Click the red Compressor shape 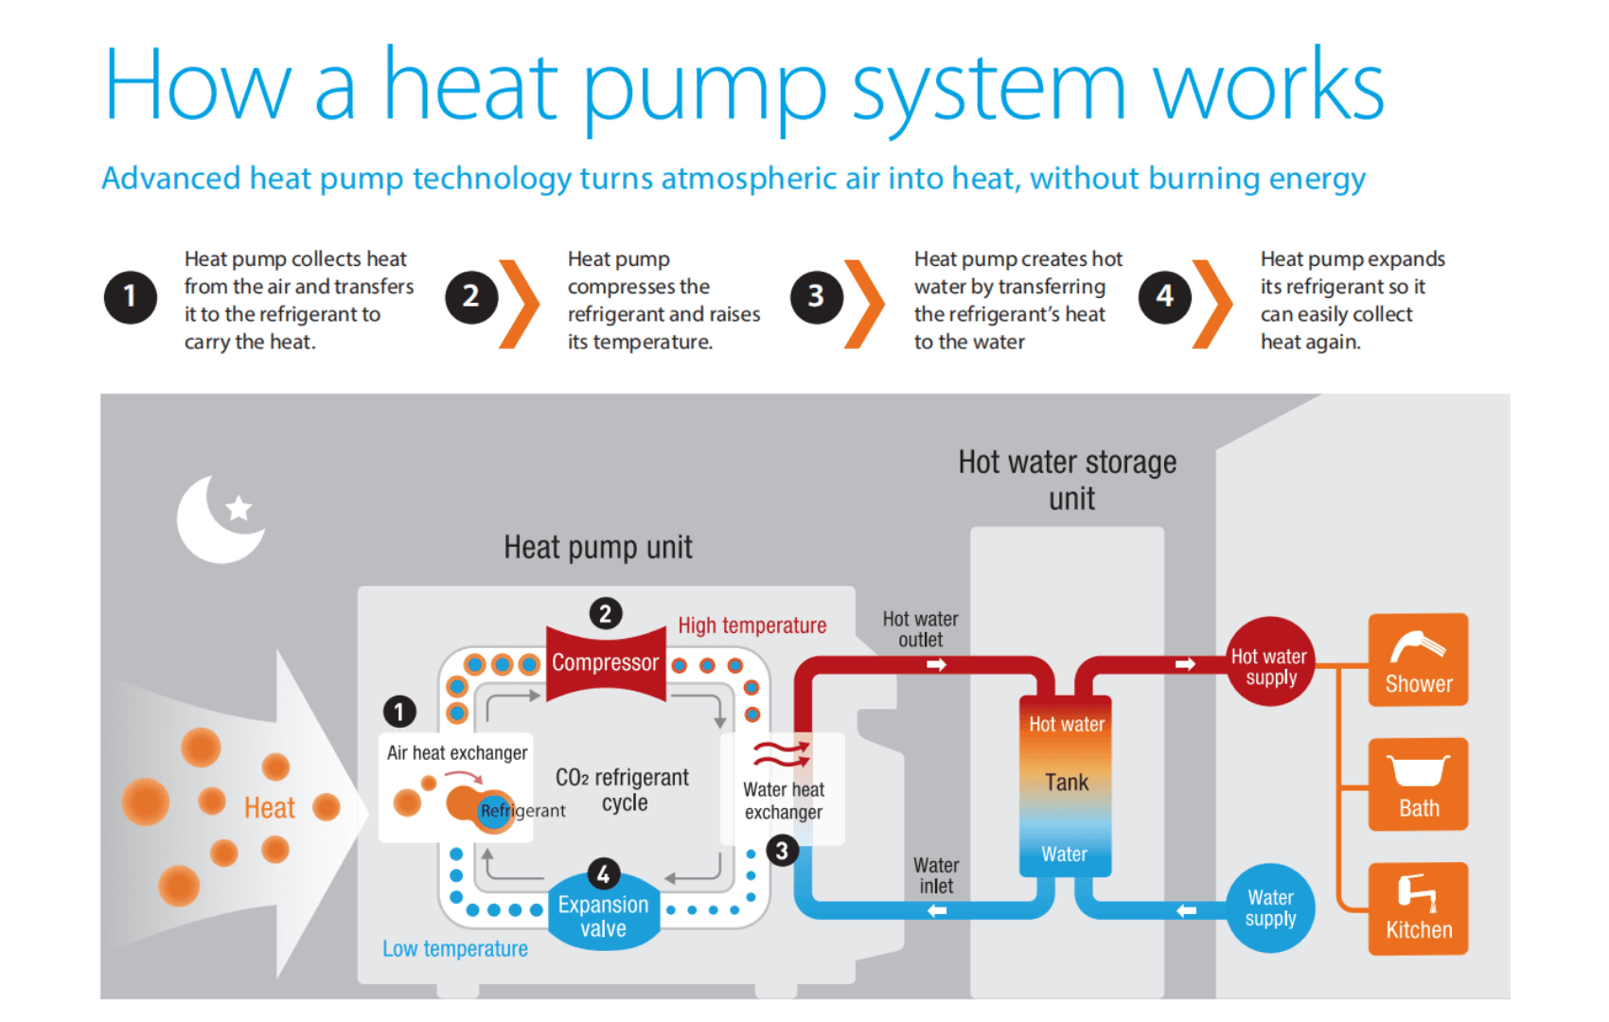click(x=606, y=663)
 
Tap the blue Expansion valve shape click(x=604, y=913)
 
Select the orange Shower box click(x=1418, y=660)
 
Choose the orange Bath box click(x=1418, y=784)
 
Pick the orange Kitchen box click(x=1418, y=908)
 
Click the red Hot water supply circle click(x=1270, y=661)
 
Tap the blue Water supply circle click(x=1270, y=907)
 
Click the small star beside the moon click(x=239, y=508)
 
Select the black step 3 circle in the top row click(x=817, y=296)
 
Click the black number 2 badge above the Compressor click(x=606, y=614)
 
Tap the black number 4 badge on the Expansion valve click(x=604, y=874)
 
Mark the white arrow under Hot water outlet click(x=936, y=664)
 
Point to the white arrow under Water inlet click(x=937, y=910)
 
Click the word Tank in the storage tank click(x=1067, y=783)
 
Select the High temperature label click(x=752, y=626)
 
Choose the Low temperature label click(x=454, y=949)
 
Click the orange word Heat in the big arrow click(x=270, y=808)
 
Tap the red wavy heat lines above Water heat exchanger click(x=782, y=754)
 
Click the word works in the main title click(x=1268, y=85)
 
